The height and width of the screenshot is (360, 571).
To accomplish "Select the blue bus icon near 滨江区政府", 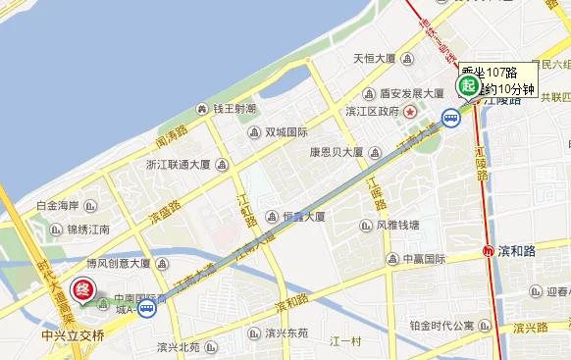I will click(x=449, y=119).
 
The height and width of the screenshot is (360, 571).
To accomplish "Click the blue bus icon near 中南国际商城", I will click(x=146, y=309).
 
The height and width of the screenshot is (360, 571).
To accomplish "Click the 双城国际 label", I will click(x=285, y=132).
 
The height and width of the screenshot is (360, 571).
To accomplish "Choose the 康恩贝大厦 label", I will click(x=337, y=153).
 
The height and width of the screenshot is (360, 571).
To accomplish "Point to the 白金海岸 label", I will click(x=57, y=206).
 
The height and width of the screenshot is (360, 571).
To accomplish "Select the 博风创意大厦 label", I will click(x=118, y=263).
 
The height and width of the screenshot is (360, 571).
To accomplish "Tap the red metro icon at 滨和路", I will click(x=489, y=251).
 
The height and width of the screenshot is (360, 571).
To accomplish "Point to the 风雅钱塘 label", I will click(x=397, y=225).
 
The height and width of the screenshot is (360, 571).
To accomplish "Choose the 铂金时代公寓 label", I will click(x=441, y=326).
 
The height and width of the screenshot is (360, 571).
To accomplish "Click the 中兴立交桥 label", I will click(x=72, y=334).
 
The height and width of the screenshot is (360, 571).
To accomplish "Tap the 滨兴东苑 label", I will click(x=285, y=333).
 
